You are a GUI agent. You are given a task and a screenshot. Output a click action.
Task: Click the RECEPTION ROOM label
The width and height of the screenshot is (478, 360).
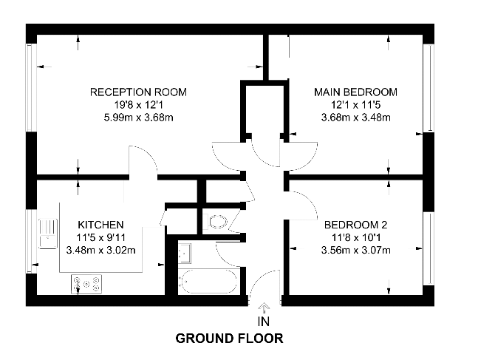pos(138,92)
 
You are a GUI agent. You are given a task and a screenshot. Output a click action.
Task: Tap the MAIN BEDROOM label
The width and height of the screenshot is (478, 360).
pos(356,92)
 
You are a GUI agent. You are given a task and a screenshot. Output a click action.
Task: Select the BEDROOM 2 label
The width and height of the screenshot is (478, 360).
pos(356,225)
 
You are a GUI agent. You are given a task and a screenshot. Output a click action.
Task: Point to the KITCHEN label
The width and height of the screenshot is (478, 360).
pos(101,225)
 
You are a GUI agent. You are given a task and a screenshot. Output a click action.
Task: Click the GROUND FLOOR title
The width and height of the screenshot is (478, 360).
pos(229,339)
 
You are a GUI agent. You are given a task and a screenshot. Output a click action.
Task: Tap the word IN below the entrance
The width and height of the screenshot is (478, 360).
pos(264,322)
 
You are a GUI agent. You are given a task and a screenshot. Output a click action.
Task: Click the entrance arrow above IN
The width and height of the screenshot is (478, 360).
pos(264,308)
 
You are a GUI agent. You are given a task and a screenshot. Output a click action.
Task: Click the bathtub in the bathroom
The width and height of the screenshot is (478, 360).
pos(208,282)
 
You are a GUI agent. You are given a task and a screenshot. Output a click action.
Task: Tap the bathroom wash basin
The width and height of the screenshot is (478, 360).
pos(185,254)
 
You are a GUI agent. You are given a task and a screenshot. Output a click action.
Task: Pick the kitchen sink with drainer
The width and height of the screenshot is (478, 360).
pos(48,234)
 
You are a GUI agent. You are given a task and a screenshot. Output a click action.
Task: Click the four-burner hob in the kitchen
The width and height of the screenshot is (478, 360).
pos(86,285)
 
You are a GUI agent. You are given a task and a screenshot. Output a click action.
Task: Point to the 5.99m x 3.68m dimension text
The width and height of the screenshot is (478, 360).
pos(138,118)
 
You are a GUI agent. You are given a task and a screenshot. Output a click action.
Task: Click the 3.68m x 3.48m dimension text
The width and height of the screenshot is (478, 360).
pos(356,118)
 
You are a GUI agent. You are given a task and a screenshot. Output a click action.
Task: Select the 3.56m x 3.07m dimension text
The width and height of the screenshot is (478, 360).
pos(356,251)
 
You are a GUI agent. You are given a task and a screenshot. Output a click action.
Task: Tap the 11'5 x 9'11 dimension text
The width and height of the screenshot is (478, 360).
pos(101,237)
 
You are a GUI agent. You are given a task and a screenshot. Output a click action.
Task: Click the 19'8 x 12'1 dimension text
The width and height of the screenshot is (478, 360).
pos(138,105)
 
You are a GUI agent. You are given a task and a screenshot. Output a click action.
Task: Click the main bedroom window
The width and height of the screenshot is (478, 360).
pos(429,88)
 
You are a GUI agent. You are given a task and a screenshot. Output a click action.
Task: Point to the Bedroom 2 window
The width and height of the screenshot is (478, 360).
pos(429,248)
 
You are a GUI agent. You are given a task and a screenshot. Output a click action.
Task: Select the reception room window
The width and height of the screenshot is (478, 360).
pos(31,88)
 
